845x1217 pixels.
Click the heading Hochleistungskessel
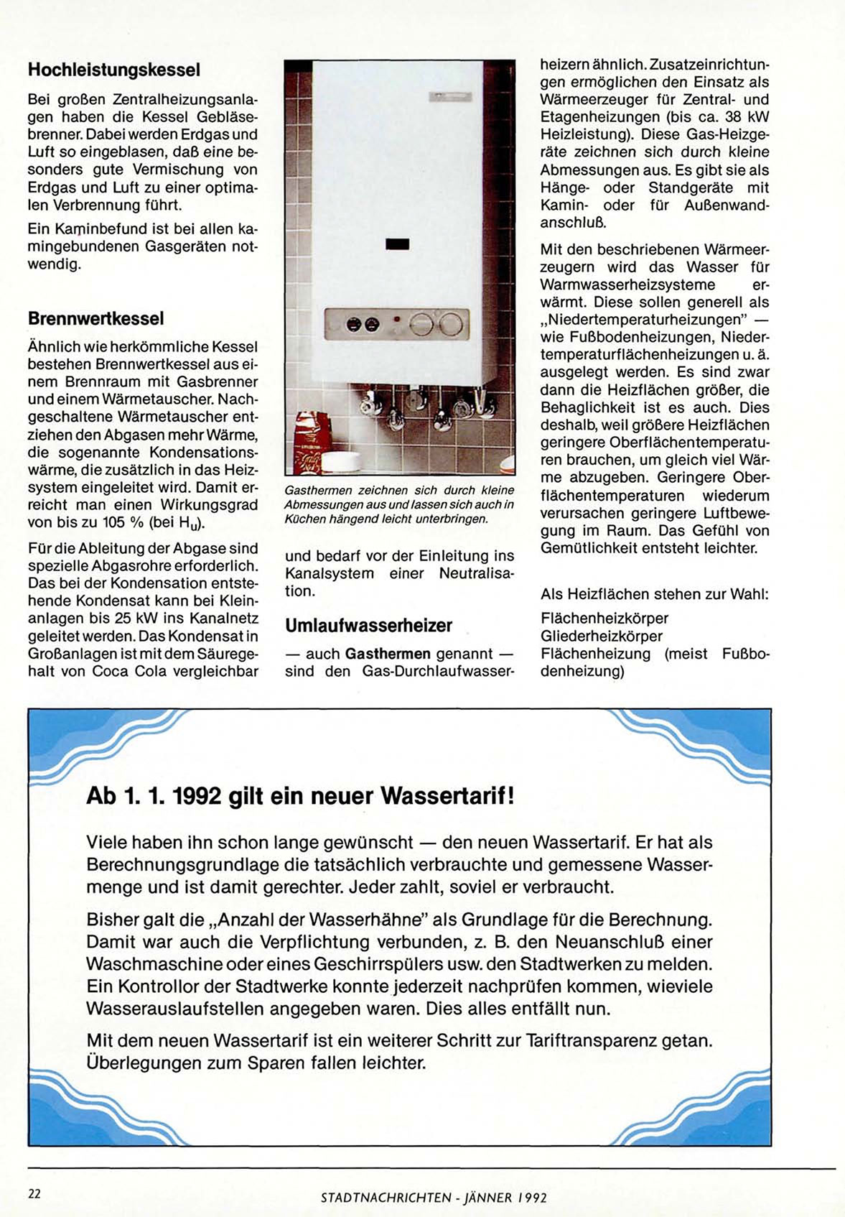(x=113, y=70)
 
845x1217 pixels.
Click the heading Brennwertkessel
(x=95, y=318)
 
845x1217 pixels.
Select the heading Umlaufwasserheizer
(x=368, y=625)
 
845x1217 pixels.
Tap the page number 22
(x=34, y=1194)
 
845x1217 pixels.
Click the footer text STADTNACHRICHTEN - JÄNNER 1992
(x=434, y=1198)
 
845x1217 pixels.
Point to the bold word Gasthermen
(x=388, y=654)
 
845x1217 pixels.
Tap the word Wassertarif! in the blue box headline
(x=447, y=796)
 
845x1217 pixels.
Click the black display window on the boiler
(x=397, y=244)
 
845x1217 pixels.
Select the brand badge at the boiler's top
(x=450, y=96)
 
